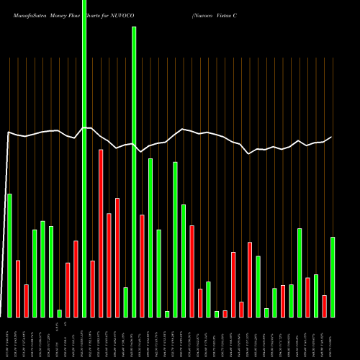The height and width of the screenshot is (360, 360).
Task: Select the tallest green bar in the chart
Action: tap(84, 158)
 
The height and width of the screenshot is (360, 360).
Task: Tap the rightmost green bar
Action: tap(333, 276)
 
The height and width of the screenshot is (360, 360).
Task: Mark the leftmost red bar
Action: tap(18, 288)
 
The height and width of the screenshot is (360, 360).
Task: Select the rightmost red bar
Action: tap(324, 306)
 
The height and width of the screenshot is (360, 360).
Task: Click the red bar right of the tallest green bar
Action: tap(93, 289)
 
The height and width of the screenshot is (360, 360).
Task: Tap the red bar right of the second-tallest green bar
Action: tap(142, 266)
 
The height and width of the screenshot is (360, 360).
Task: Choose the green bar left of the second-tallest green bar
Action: tap(125, 302)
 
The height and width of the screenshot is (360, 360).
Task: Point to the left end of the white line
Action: tap(7, 133)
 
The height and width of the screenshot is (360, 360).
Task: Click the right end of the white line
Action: tap(332, 137)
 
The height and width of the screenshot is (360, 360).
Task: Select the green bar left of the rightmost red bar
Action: tap(316, 295)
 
